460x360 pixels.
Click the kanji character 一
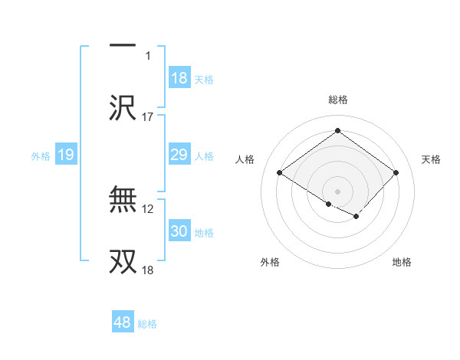click(x=123, y=46)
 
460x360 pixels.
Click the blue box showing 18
click(x=179, y=77)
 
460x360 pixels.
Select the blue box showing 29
click(x=179, y=155)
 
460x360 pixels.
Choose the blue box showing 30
click(x=179, y=231)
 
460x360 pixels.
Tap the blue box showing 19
click(x=66, y=155)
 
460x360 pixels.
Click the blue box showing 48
click(x=123, y=322)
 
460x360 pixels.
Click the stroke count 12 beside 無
click(x=149, y=208)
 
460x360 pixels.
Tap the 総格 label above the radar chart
click(x=337, y=100)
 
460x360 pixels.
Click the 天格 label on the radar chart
click(x=431, y=159)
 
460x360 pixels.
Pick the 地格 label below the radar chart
click(x=402, y=262)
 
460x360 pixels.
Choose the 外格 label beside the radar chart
click(x=270, y=262)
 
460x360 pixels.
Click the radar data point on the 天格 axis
click(x=396, y=172)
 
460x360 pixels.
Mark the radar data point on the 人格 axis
click(x=280, y=172)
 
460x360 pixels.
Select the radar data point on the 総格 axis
click(x=337, y=131)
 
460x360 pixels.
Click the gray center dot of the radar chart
click(x=337, y=191)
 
